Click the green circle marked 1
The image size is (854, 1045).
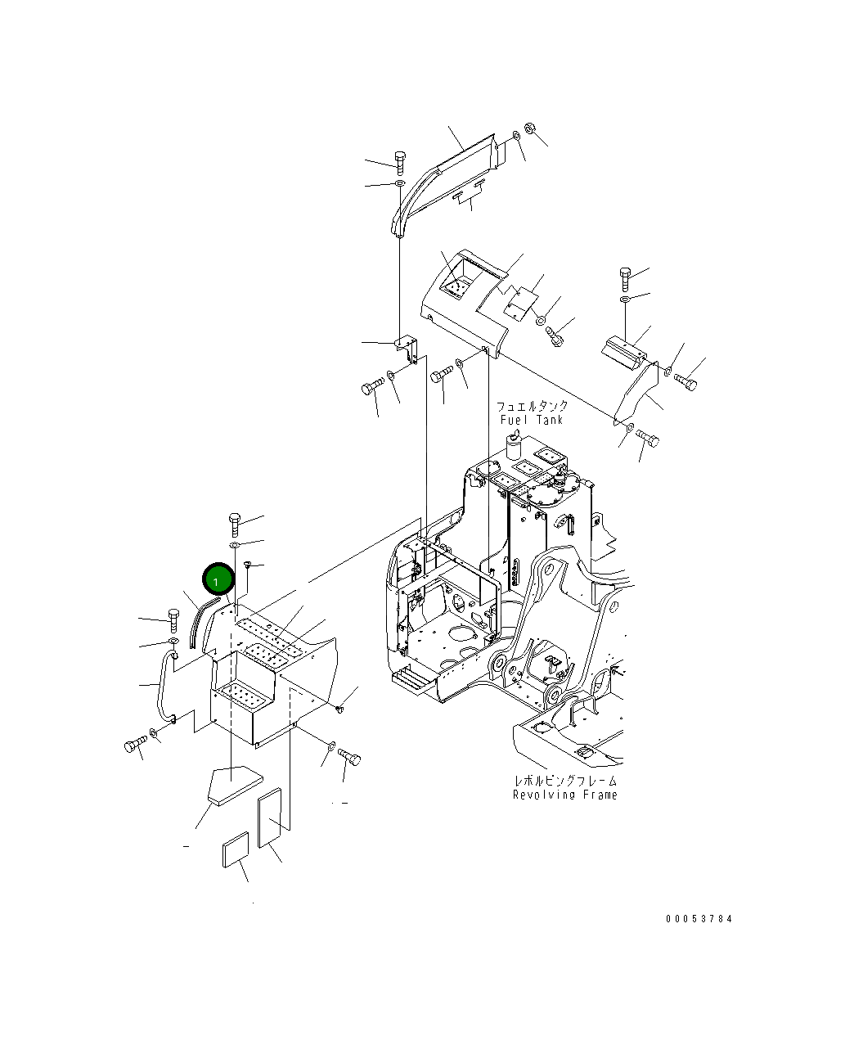[217, 580]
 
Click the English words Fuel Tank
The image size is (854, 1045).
[532, 420]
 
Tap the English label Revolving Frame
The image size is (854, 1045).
[565, 795]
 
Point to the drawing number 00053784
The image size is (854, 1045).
[699, 918]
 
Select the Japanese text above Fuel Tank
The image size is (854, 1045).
[532, 406]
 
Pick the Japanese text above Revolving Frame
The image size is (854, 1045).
[565, 781]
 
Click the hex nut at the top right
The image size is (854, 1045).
[528, 128]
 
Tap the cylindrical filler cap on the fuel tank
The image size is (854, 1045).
[514, 445]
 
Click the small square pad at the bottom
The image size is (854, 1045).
[235, 849]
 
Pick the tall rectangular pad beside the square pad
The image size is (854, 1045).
[270, 817]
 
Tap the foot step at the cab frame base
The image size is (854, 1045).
[406, 675]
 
